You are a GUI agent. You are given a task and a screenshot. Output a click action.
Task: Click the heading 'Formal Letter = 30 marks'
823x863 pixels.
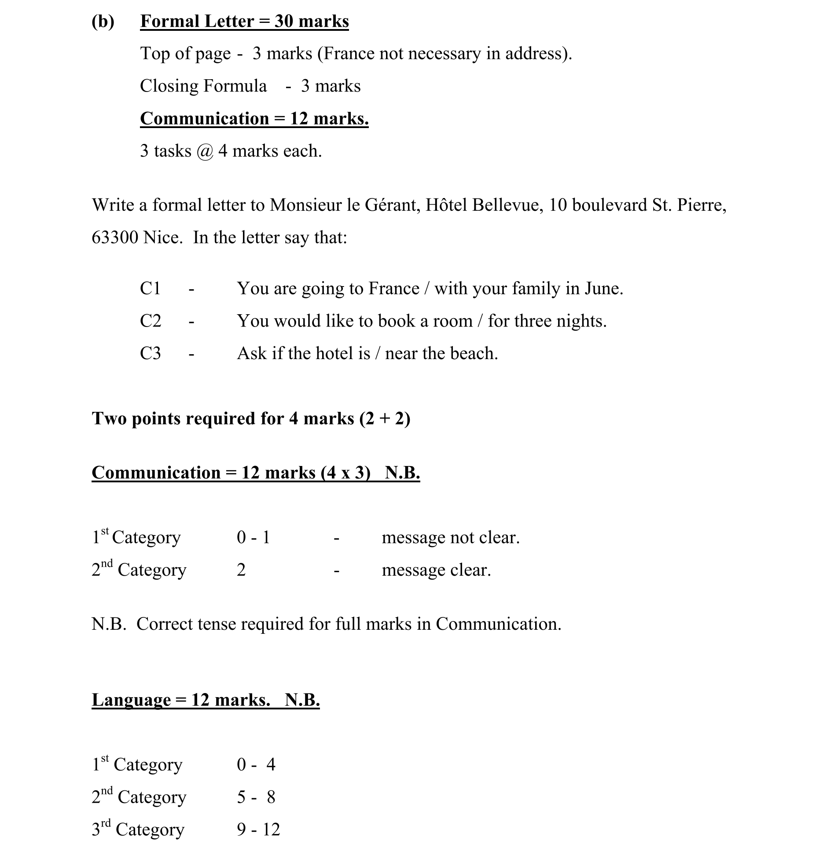[x=244, y=21]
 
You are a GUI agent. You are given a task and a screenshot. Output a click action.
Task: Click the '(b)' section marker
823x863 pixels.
[x=103, y=21]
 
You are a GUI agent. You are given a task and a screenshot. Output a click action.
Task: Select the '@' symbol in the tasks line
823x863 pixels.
[x=205, y=151]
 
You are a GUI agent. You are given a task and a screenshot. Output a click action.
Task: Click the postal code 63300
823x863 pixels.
[x=115, y=238]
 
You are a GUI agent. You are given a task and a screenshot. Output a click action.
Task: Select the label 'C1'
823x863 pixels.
[x=150, y=289]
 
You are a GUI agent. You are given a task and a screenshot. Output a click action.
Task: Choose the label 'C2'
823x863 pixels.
[x=151, y=321]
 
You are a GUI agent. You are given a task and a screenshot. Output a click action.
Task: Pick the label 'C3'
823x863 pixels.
[x=151, y=353]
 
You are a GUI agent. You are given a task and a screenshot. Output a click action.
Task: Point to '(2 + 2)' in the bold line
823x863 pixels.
[x=385, y=419]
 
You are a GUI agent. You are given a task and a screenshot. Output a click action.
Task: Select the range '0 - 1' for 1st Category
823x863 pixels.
[x=253, y=537]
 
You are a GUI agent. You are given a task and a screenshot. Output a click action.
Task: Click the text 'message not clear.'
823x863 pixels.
[x=450, y=537]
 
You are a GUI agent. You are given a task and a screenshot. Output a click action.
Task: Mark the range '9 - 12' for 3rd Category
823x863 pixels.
[x=258, y=830]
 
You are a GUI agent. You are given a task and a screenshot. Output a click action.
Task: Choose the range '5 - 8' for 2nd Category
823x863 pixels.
[x=256, y=797]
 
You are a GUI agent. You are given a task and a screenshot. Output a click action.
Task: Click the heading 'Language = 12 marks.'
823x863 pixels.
[x=181, y=700]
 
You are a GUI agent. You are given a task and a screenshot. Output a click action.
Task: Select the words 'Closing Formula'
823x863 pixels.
[x=203, y=86]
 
